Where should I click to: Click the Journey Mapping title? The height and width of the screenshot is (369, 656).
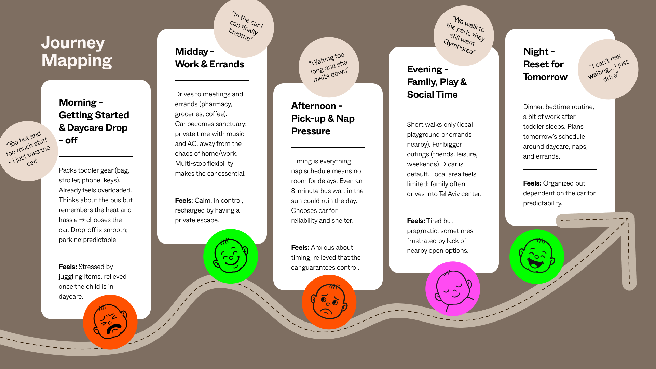point(77,52)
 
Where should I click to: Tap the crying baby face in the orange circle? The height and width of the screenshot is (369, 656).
point(110,322)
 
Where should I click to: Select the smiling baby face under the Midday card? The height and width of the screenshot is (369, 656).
point(231,256)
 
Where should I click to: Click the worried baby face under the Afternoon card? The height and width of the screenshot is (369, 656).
point(329,302)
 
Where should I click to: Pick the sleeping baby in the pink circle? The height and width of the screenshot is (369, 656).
point(453,289)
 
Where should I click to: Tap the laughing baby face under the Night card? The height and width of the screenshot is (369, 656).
point(536,257)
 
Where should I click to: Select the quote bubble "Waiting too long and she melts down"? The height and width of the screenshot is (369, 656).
point(329,67)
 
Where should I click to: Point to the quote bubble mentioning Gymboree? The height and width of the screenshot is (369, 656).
point(464,36)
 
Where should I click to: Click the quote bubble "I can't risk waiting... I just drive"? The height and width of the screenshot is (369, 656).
point(608,69)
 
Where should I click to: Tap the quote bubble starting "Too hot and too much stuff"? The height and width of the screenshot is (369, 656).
point(28,151)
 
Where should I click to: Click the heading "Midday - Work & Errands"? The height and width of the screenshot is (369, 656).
point(209,58)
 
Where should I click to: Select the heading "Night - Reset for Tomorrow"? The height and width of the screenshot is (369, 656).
point(545,64)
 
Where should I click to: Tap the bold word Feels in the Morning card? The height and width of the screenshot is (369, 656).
point(68,267)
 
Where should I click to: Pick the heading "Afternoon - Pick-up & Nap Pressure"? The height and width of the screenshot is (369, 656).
point(323,119)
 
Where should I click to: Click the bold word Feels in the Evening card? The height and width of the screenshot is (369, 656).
point(416,221)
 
